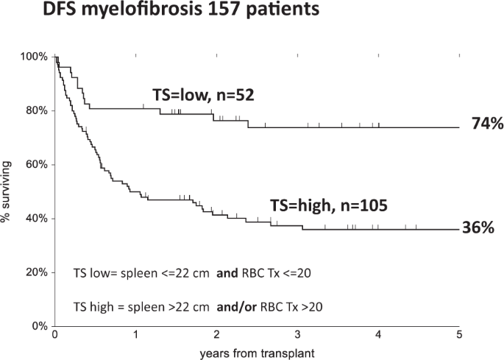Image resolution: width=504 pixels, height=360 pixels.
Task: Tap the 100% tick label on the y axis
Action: point(35,57)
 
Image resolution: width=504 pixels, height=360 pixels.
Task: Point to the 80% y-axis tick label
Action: point(37,110)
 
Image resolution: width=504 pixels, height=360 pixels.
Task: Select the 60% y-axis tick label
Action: point(37,164)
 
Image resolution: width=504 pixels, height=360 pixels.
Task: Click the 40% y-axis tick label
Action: point(37,219)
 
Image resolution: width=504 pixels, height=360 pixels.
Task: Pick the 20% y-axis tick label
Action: point(37,272)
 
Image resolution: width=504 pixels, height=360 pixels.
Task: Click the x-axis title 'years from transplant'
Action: point(257,353)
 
